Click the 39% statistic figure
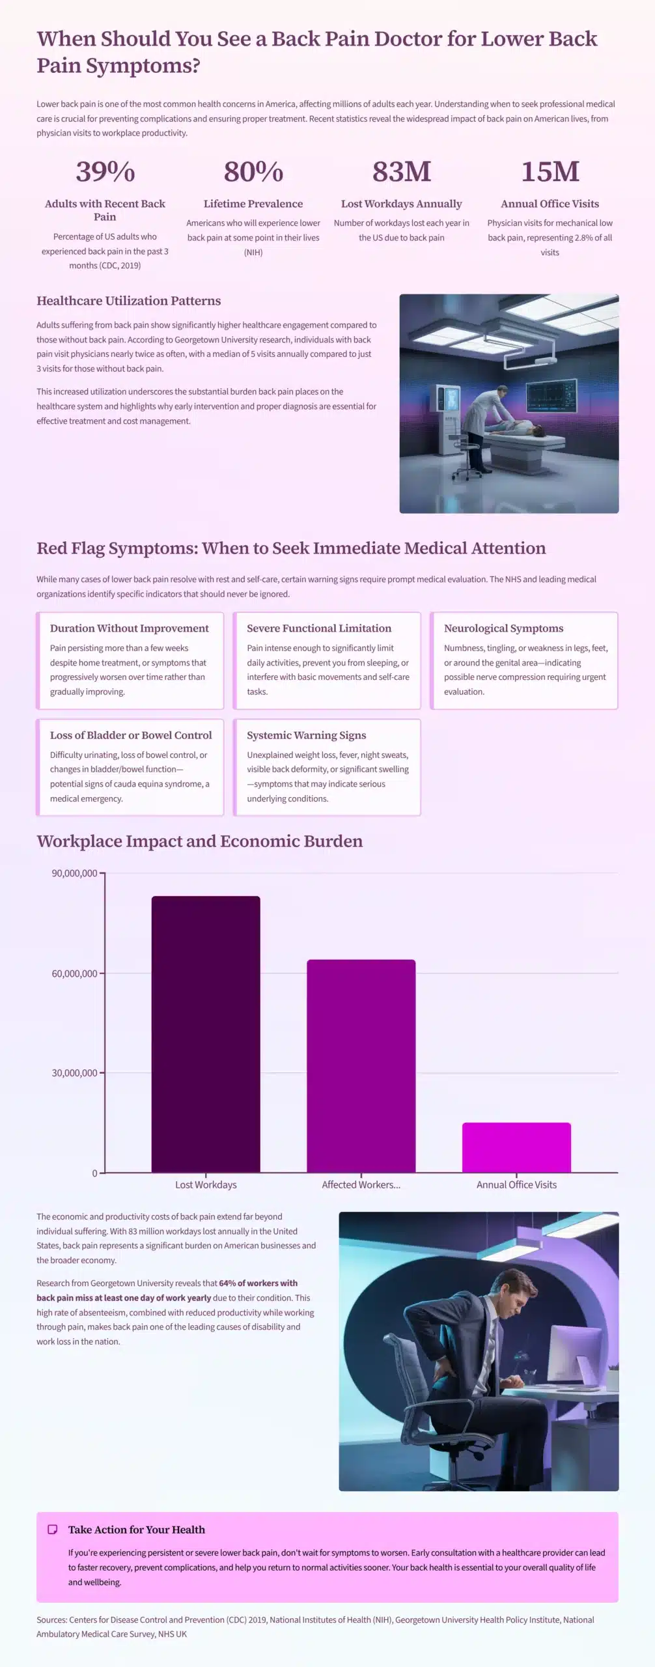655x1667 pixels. [105, 172]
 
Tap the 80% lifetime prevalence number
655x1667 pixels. [253, 172]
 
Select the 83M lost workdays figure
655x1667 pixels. [401, 172]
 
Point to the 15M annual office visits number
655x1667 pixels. [550, 172]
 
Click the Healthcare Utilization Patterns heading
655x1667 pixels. [128, 301]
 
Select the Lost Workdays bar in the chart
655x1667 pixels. [206, 1035]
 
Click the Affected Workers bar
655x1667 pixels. [361, 1068]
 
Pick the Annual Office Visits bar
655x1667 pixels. [516, 1149]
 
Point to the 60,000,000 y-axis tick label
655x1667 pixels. [74, 974]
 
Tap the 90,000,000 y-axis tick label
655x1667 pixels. [74, 873]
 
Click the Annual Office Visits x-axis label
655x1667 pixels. [516, 1184]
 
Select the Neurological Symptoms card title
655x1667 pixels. [503, 628]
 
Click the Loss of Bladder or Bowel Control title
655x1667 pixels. [131, 735]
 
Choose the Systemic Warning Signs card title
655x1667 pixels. [306, 735]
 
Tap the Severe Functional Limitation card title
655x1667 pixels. [319, 628]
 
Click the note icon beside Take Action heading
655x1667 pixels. [53, 1530]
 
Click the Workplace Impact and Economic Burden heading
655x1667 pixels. [199, 841]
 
